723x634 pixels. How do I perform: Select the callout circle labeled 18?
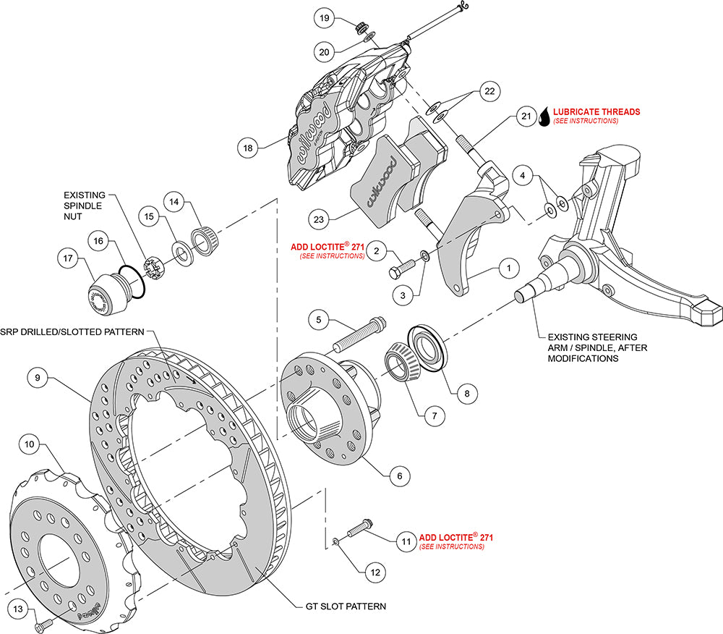pos(248,148)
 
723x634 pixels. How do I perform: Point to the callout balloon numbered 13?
pos(18,609)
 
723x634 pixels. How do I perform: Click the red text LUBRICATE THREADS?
pos(596,112)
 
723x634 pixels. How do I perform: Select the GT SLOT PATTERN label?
pos(341,606)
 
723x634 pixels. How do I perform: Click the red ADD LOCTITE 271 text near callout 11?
pos(456,538)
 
